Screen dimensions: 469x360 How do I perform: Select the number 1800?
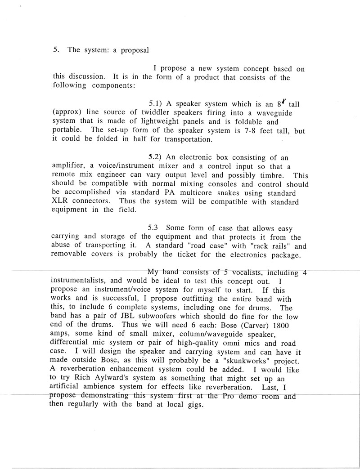(292, 326)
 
